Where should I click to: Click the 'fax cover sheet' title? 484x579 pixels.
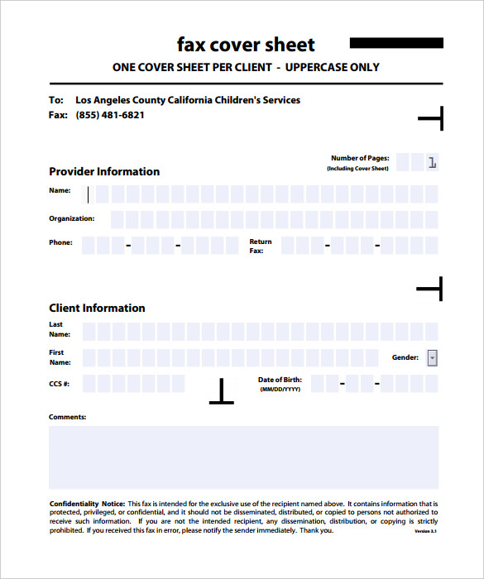[246, 44]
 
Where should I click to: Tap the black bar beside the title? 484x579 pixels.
[396, 43]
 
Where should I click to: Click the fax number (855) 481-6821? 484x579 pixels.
[110, 115]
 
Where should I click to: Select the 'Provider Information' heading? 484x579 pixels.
[104, 171]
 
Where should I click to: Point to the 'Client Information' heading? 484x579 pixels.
[97, 308]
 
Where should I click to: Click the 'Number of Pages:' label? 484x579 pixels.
[360, 158]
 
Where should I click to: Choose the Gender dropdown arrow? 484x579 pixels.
[432, 358]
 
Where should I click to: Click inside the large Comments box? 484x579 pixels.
[243, 457]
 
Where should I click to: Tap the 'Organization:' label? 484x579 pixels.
[72, 218]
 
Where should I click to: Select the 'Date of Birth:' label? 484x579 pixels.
[280, 380]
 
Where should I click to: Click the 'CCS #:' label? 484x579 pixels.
[60, 384]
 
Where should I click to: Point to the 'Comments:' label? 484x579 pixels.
[67, 417]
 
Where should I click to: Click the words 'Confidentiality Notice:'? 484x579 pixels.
[87, 504]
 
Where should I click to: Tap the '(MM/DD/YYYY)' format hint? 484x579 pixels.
[280, 389]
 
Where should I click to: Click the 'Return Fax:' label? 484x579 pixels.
[260, 246]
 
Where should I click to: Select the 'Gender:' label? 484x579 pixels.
[405, 358]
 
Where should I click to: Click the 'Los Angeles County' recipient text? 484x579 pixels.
[119, 100]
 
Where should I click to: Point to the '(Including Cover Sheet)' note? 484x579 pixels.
[357, 169]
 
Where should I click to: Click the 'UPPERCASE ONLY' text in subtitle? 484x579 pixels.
[333, 67]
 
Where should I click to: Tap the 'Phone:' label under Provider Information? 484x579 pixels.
[60, 242]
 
